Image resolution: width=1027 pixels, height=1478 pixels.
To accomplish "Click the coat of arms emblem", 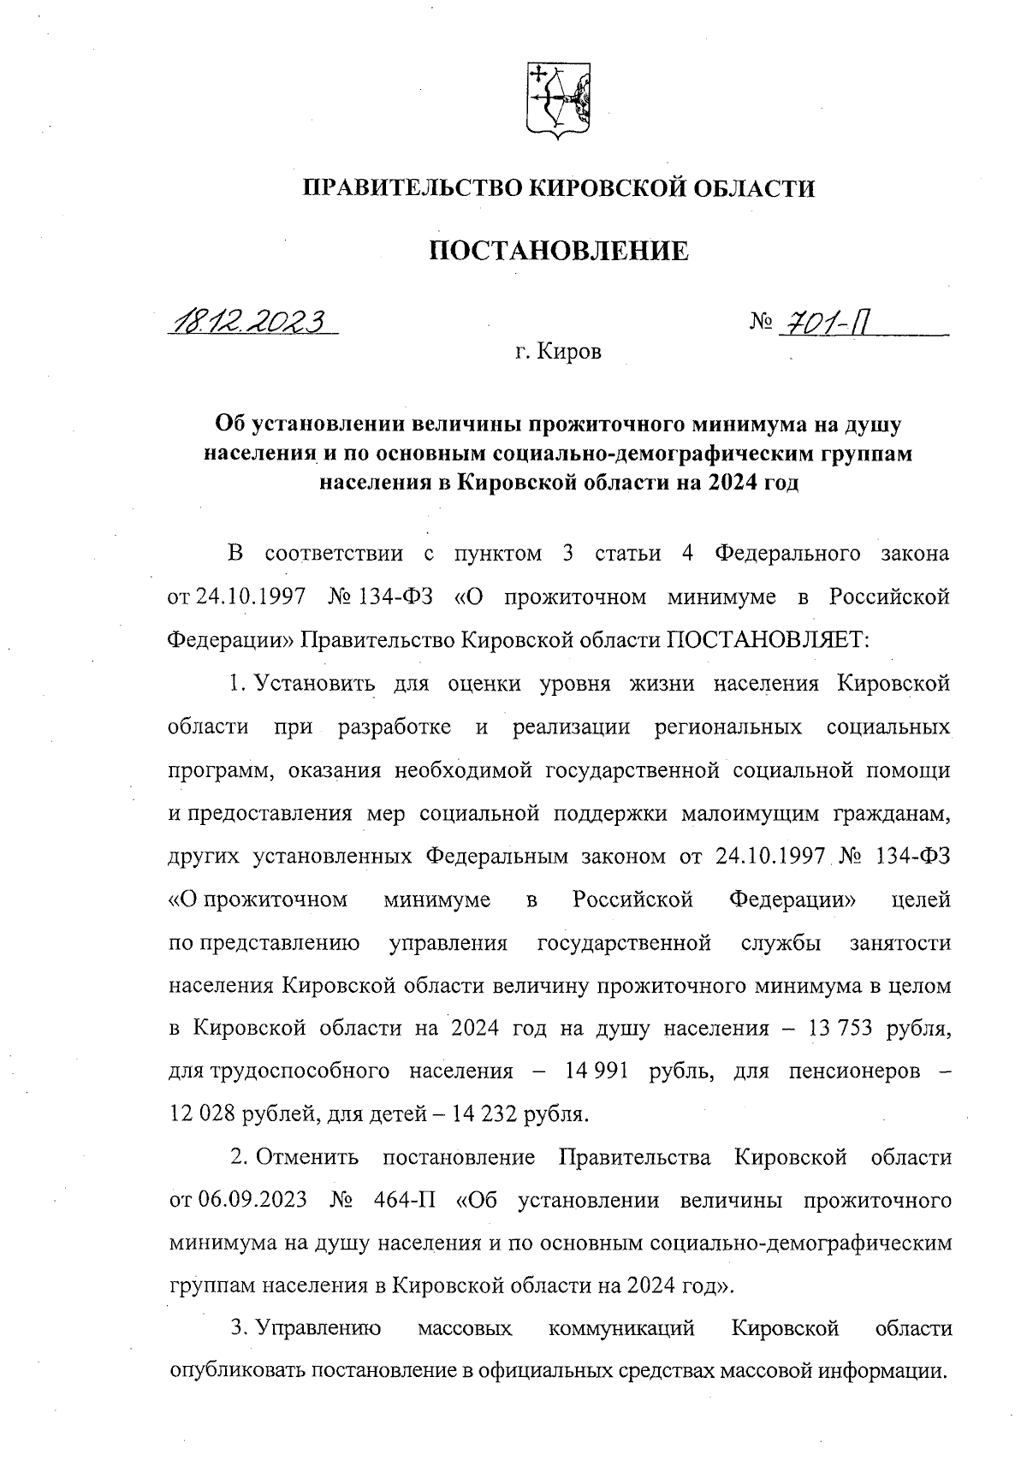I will [558, 100].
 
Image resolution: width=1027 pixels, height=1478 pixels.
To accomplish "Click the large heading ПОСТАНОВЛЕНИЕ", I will [558, 252].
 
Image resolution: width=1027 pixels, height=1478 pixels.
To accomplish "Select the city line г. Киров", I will [558, 352].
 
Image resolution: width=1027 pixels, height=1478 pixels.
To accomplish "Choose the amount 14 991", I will [597, 1071].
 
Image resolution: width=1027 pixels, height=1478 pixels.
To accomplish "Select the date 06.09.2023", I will [252, 1200].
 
